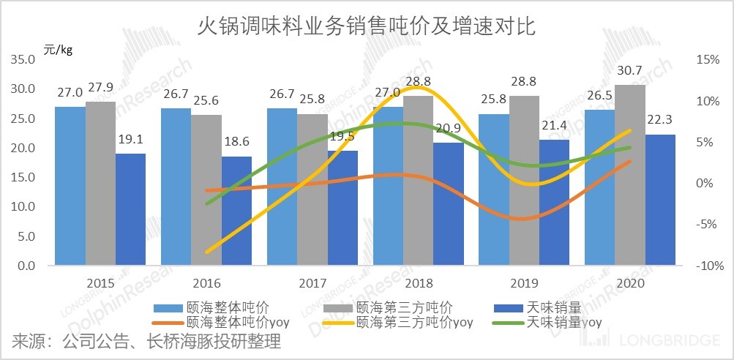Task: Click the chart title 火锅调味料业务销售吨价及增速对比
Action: click(367, 27)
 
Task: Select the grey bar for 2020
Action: click(629, 176)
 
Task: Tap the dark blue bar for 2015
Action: click(130, 210)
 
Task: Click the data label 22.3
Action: click(661, 119)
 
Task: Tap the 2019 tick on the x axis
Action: click(525, 282)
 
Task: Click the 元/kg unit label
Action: click(58, 50)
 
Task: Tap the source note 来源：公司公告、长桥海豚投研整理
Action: click(146, 342)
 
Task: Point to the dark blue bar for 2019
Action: click(555, 203)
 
